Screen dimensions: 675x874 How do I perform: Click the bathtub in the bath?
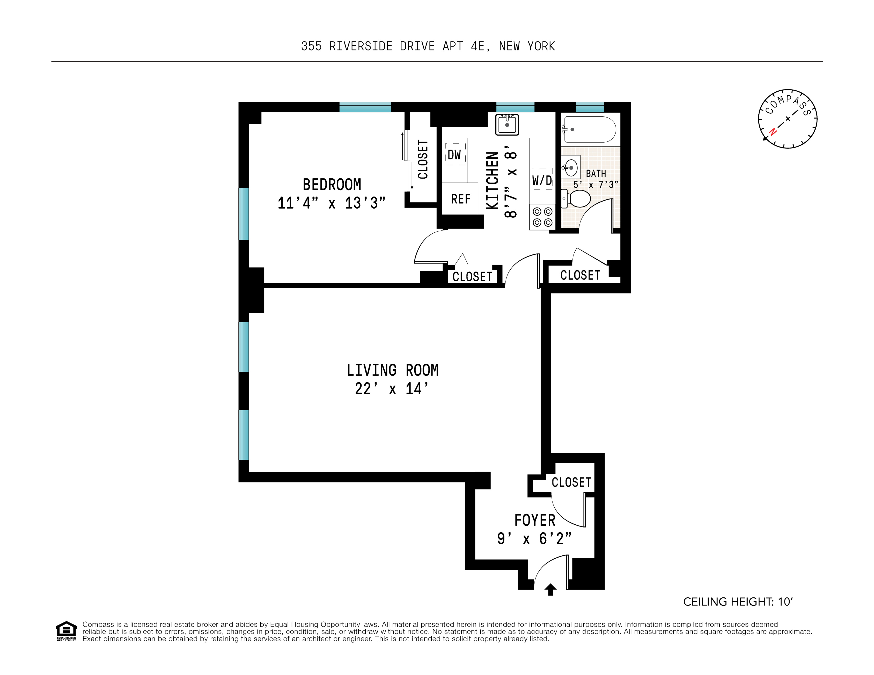(x=590, y=129)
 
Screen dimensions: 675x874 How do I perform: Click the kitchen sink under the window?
(x=507, y=124)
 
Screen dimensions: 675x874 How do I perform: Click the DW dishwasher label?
(x=454, y=155)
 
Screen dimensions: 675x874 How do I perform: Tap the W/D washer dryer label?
(x=542, y=180)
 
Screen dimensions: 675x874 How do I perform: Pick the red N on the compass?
(x=773, y=132)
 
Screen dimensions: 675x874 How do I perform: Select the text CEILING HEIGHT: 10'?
(x=738, y=602)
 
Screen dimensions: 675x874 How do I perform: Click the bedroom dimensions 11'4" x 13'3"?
(x=331, y=203)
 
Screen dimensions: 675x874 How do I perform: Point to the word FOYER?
(x=535, y=520)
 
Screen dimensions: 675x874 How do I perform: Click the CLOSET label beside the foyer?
(x=571, y=482)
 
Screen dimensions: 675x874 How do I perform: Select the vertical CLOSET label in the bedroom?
(x=423, y=159)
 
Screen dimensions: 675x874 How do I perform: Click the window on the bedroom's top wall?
(x=365, y=107)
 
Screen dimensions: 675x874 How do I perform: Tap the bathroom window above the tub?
(x=590, y=107)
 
